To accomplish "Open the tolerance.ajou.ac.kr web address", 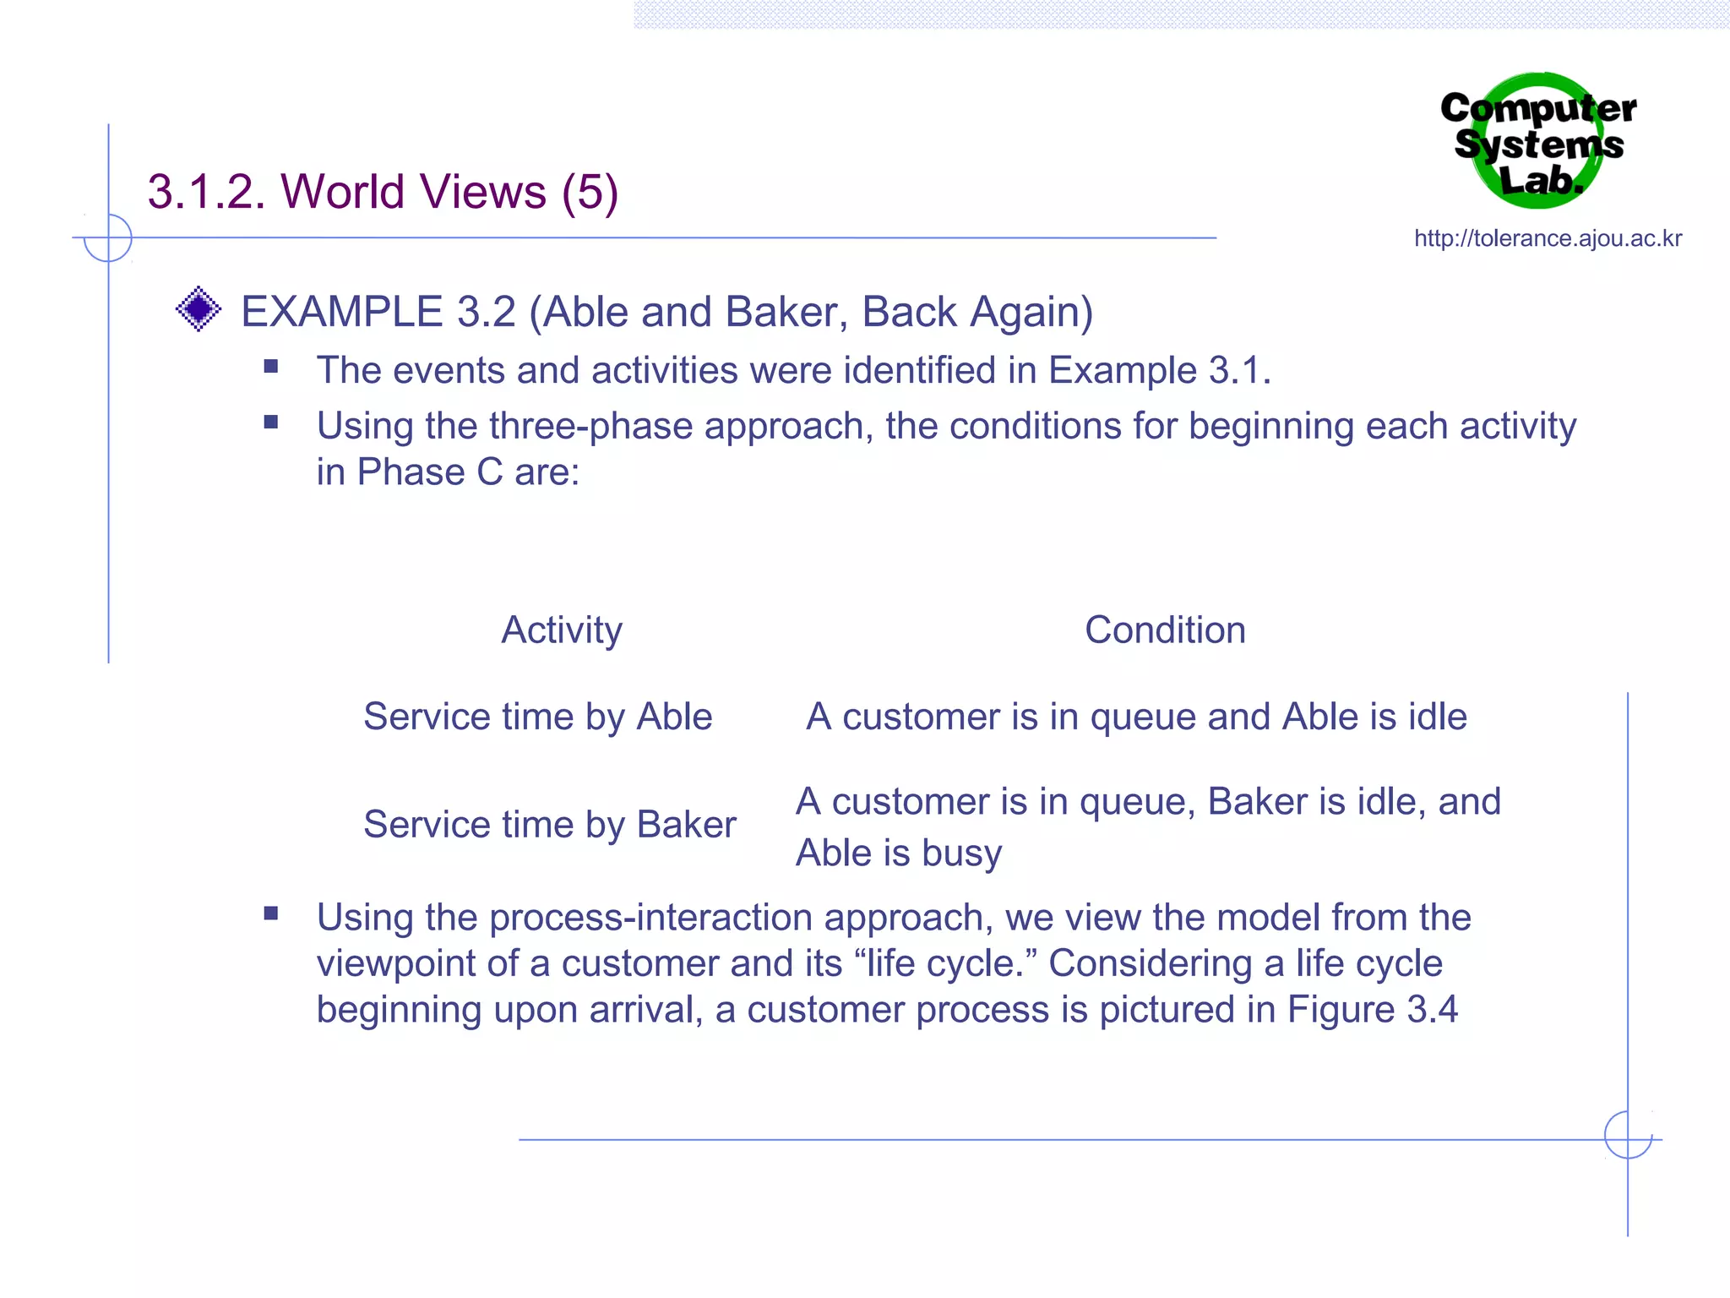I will point(1548,238).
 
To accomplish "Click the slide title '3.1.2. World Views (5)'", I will point(383,191).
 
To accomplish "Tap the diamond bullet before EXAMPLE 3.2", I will point(199,309).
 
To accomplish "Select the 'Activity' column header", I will point(562,630).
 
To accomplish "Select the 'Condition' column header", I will point(1165,630).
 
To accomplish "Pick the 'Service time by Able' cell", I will point(537,717).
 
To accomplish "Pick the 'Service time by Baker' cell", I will point(549,824).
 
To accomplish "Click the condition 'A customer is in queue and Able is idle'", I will point(1136,717).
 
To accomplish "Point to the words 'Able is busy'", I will point(899,853).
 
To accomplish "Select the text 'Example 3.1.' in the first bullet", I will point(1159,370).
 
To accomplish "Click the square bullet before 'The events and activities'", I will point(271,367).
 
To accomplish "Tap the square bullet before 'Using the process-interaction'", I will point(271,914).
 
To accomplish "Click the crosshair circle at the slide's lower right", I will point(1628,1135).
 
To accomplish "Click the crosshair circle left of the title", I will point(108,238).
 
